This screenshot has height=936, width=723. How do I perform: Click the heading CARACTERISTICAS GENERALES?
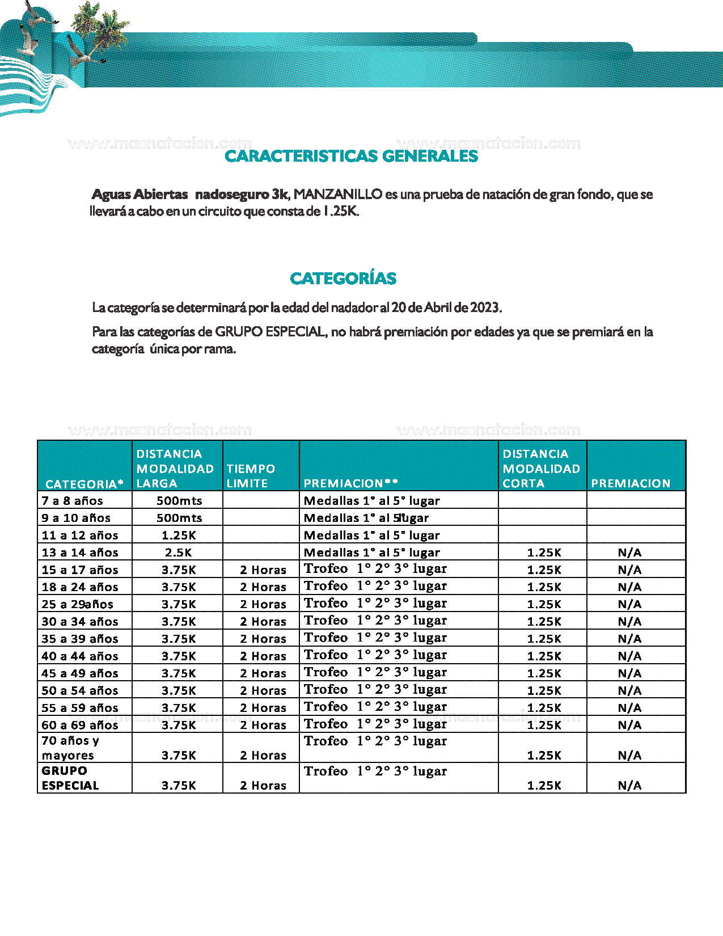351,156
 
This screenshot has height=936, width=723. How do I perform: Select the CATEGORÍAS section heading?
343,279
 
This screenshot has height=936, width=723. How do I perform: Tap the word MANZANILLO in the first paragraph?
338,195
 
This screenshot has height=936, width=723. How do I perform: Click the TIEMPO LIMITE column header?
251,476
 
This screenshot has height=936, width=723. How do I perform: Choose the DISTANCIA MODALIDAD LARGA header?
175,469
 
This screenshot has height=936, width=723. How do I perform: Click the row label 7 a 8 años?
72,501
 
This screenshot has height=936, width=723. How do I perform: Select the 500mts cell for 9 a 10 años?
179,518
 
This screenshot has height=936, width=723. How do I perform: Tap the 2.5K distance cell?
179,553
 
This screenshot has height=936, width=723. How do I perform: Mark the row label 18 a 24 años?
80,587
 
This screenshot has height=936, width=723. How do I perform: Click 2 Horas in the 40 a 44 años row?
263,656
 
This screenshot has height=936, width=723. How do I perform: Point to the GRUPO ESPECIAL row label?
70,778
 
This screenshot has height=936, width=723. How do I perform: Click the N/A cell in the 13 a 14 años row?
629,553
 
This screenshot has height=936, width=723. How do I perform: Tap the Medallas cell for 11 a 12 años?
372,536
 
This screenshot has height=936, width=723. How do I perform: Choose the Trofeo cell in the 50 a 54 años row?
375,690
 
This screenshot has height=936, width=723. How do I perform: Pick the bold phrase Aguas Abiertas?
139,195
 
